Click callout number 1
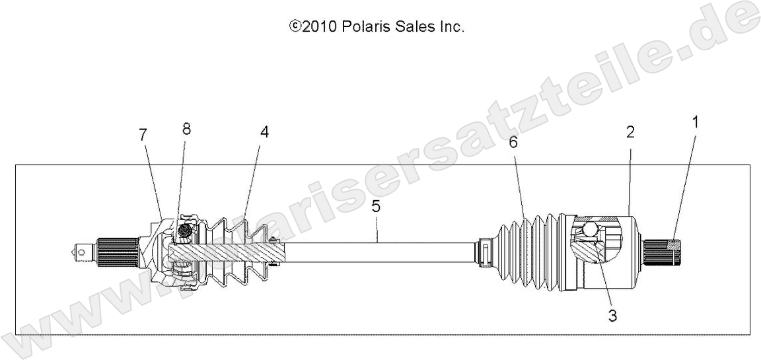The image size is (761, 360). (x=694, y=122)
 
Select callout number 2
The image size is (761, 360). (x=630, y=132)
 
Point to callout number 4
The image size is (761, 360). (x=264, y=131)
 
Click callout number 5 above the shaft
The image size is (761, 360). (x=376, y=206)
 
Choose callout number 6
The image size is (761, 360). (x=513, y=142)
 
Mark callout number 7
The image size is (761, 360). (x=143, y=134)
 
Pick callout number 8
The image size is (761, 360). (x=186, y=129)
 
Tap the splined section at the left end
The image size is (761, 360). (x=118, y=250)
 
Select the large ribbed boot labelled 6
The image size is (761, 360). (x=528, y=252)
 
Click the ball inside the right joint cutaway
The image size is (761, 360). (x=590, y=231)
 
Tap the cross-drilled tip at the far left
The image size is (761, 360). (x=83, y=251)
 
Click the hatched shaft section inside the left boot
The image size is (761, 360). (x=225, y=252)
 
